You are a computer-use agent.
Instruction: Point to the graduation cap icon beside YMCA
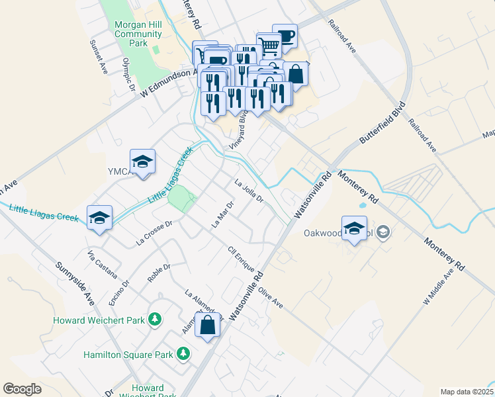point(142,162)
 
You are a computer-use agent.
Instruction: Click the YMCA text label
point(119,172)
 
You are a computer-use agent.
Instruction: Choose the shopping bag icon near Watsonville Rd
point(207,325)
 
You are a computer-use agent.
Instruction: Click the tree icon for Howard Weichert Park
point(154,320)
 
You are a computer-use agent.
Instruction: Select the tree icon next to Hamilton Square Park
point(183,355)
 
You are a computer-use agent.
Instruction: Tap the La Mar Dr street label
point(222,214)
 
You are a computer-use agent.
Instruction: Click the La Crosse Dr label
point(154,233)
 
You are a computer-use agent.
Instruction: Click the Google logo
point(22,389)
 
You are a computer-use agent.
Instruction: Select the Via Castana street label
point(103,264)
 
